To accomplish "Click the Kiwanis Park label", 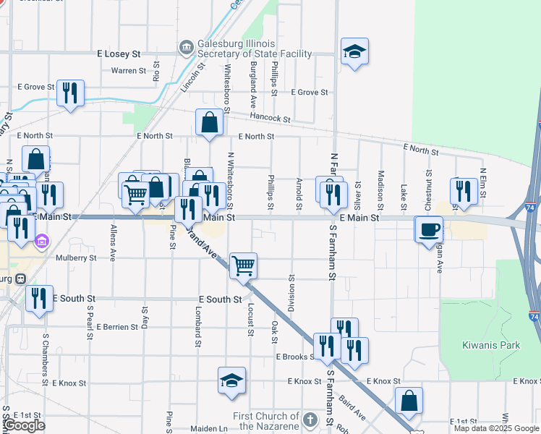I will coord(491,345).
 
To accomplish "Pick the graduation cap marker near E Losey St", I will coord(354,51).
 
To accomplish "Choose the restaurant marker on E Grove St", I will coord(70,93).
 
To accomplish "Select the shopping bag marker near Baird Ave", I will coord(409,401).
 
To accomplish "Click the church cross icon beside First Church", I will coord(310,420).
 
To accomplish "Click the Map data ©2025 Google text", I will coord(496,428).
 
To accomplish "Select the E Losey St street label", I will coord(118,54).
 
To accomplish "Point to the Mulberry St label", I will coord(75,258).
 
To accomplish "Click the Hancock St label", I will coord(270,118).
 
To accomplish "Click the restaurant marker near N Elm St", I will coord(461,191).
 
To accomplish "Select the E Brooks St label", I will coord(294,357).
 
